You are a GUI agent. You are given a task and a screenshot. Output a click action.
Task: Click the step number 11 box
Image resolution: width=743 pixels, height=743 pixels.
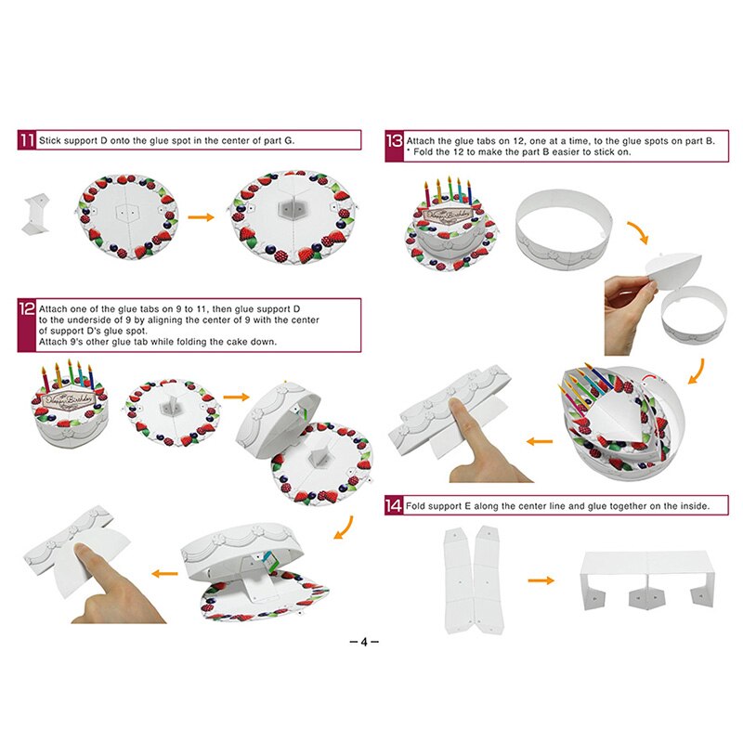[x=26, y=140]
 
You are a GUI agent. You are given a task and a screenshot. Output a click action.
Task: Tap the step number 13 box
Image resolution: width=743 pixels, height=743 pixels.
[x=394, y=141]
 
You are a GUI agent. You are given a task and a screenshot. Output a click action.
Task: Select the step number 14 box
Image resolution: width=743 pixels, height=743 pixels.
[x=394, y=506]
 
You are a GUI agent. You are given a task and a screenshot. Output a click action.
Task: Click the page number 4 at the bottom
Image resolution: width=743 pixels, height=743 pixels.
[x=364, y=642]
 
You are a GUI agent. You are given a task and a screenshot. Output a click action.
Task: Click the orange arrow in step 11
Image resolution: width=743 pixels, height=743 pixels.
[x=202, y=216]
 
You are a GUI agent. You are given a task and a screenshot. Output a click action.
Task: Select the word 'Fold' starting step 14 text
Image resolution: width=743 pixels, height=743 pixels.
[x=418, y=506]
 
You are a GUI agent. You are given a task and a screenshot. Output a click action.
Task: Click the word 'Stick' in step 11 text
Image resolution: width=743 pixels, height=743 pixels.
[x=52, y=140]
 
